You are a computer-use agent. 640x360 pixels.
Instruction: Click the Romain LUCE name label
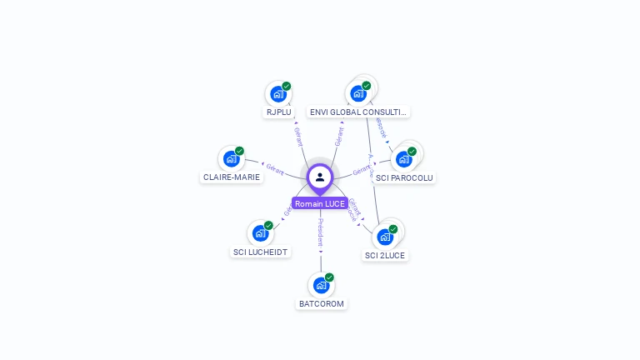pos(320,203)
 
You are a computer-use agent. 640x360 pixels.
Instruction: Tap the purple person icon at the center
pos(320,177)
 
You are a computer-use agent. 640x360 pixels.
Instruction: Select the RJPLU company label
pos(278,112)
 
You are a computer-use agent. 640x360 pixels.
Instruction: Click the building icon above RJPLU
pos(278,94)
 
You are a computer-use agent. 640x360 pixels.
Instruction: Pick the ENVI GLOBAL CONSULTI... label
pos(358,112)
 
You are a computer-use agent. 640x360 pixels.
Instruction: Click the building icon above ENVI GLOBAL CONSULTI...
pos(359,93)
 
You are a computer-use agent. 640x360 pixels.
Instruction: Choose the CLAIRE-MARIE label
pos(232,177)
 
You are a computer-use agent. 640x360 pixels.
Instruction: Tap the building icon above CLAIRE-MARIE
pos(232,158)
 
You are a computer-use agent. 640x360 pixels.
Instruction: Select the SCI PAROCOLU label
pos(404,177)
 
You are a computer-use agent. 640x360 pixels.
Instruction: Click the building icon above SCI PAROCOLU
pos(404,158)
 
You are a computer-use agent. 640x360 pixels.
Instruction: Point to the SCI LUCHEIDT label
pos(261,252)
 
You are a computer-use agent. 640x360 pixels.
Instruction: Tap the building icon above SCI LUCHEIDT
pos(261,233)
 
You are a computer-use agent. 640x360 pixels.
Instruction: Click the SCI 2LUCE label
pos(385,255)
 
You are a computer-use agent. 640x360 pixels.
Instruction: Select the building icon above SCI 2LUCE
pos(385,237)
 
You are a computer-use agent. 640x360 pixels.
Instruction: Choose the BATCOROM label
pos(322,303)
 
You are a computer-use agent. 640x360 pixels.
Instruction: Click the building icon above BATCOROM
pos(322,285)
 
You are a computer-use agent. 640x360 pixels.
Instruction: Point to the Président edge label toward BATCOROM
pos(321,235)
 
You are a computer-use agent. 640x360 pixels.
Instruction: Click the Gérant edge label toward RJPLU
pos(297,135)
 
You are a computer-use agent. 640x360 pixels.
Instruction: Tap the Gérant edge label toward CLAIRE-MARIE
pos(275,167)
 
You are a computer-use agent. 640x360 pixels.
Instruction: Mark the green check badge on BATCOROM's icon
pos(329,277)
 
